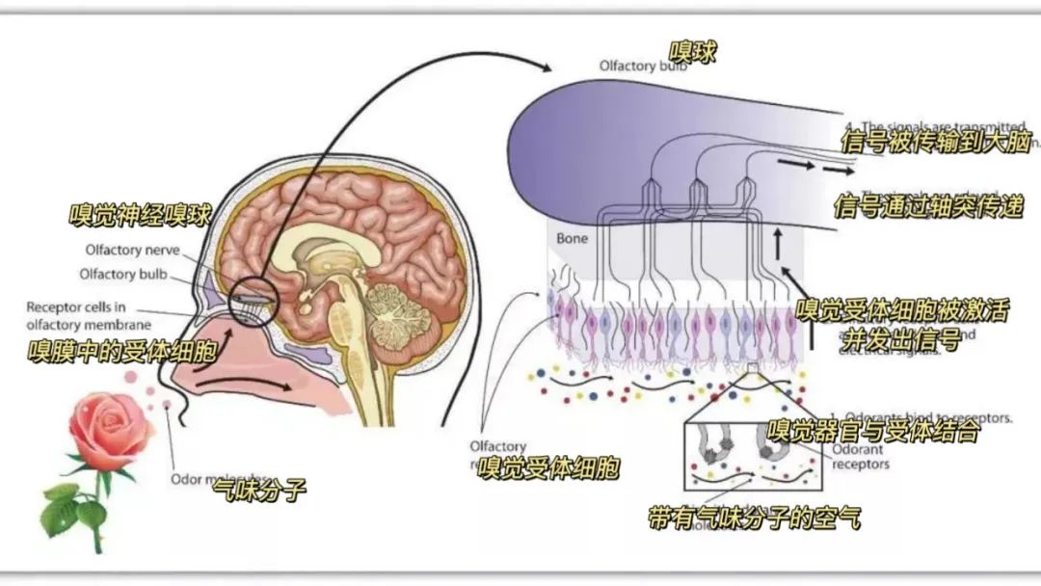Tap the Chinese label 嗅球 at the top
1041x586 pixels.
[693, 52]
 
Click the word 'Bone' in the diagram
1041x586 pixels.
[572, 237]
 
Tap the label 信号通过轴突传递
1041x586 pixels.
[927, 206]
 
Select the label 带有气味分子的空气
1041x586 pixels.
[754, 518]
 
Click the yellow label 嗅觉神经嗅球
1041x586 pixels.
[140, 214]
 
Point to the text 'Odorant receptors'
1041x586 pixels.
[860, 456]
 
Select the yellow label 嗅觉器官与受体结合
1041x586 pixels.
[873, 431]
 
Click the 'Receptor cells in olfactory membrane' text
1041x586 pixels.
[89, 316]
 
